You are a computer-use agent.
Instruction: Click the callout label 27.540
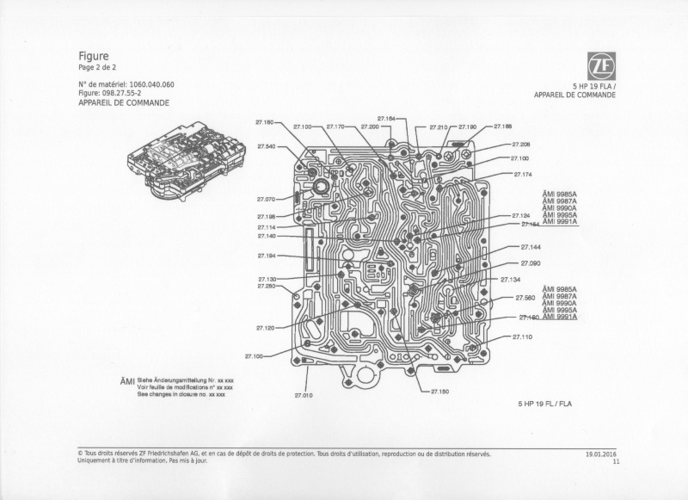(x=265, y=146)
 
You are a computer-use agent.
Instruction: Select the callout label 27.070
(x=265, y=199)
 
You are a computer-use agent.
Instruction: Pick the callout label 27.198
(x=265, y=217)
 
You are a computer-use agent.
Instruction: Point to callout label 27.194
(x=265, y=256)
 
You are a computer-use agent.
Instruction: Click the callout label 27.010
(x=303, y=395)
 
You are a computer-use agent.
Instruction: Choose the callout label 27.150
(x=439, y=392)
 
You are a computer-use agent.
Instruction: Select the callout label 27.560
(x=525, y=298)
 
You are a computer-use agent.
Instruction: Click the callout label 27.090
(x=530, y=263)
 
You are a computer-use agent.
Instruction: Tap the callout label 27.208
(x=520, y=145)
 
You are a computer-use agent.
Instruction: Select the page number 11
(x=616, y=461)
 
